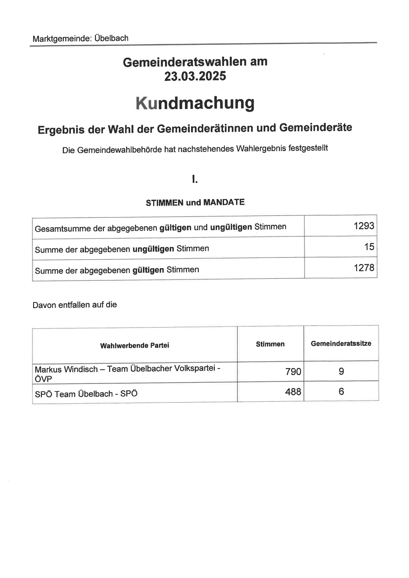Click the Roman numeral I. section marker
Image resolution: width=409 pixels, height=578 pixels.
[195, 179]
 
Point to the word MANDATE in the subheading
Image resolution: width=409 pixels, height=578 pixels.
[224, 202]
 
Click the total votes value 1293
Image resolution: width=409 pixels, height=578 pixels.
[364, 226]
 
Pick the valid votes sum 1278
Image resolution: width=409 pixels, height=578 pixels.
[364, 268]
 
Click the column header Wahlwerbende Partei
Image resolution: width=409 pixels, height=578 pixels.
[135, 345]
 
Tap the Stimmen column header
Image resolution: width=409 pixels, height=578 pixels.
[270, 344]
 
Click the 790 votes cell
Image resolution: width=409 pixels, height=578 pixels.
[293, 372]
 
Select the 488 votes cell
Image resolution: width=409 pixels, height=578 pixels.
[293, 392]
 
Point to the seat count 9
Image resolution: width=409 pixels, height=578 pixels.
[341, 371]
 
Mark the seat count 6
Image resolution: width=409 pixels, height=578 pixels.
[341, 391]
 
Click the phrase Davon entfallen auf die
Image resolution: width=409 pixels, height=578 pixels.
[75, 305]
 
